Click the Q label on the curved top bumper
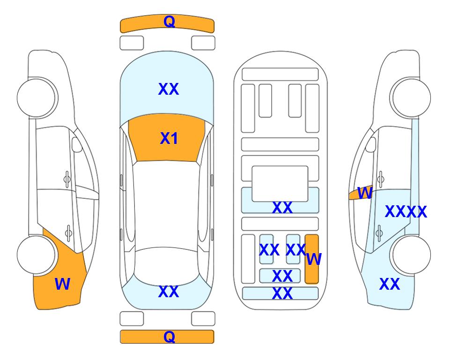click(x=169, y=22)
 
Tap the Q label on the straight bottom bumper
click(x=169, y=337)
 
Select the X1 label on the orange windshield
click(x=169, y=138)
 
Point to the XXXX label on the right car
click(x=406, y=212)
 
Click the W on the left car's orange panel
click(x=62, y=284)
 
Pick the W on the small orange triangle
click(x=365, y=193)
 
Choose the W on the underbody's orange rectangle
click(x=314, y=259)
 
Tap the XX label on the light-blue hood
click(x=169, y=89)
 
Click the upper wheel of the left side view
click(x=36, y=98)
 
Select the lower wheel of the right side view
click(x=412, y=255)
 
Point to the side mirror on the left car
click(x=77, y=144)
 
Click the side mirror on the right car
click(x=371, y=144)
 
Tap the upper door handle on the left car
click(x=67, y=180)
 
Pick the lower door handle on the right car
click(x=380, y=232)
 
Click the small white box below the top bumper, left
click(x=132, y=43)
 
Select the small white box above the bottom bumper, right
click(x=203, y=319)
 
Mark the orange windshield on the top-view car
click(x=167, y=138)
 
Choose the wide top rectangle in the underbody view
click(x=280, y=75)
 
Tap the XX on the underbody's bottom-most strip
click(x=282, y=293)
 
